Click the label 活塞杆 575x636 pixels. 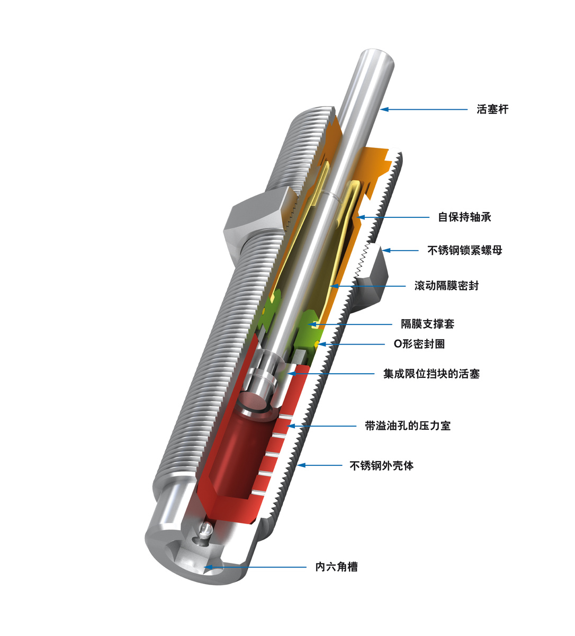pyautogui.click(x=492, y=110)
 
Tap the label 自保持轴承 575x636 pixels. pyautogui.click(x=465, y=217)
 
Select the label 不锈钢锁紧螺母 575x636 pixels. pyautogui.click(x=464, y=250)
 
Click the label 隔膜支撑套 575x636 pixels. pyautogui.click(x=427, y=323)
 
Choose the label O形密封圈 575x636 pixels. pyautogui.click(x=419, y=344)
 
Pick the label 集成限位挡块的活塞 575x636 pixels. pyautogui.click(x=431, y=374)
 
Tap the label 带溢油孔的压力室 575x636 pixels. pyautogui.click(x=408, y=426)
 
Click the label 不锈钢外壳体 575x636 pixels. pyautogui.click(x=381, y=466)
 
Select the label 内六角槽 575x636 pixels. pyautogui.click(x=336, y=567)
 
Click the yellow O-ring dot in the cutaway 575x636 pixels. pyautogui.click(x=316, y=344)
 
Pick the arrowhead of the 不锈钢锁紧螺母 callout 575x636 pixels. pyautogui.click(x=387, y=250)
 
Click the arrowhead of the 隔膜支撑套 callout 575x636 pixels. pyautogui.click(x=312, y=323)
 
